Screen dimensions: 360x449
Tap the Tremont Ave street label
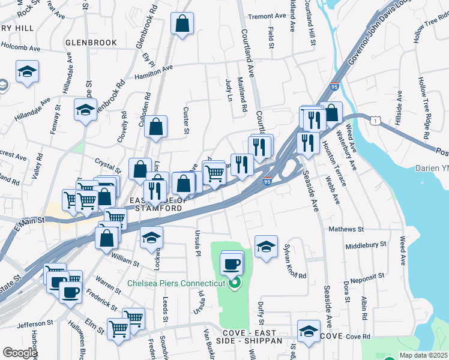(x=267, y=16)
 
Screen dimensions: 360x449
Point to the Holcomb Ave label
(x=20, y=45)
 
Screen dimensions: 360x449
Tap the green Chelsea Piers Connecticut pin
(x=235, y=282)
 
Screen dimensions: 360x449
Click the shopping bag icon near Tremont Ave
(x=182, y=24)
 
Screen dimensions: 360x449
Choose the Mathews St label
(x=346, y=229)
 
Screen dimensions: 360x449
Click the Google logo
(x=19, y=353)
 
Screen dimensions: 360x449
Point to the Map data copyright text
(x=423, y=355)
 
